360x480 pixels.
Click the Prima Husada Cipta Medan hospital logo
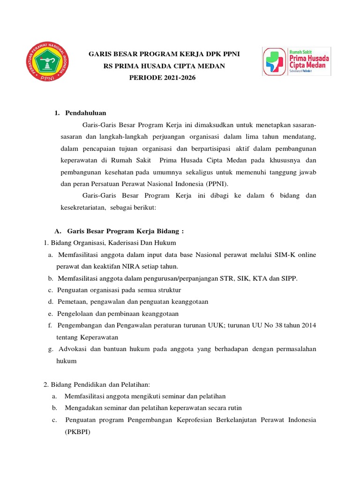point(296,61)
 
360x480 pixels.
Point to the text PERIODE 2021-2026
point(162,77)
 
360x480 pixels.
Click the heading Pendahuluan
point(86,113)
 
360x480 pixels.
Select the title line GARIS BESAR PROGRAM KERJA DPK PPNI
point(164,54)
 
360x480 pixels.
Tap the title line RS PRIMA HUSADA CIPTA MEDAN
point(164,66)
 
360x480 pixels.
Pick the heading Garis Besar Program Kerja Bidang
point(125,231)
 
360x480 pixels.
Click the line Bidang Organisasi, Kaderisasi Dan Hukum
point(110,243)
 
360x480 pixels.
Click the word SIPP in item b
point(289,278)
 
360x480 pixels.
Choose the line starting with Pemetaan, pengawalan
point(133,302)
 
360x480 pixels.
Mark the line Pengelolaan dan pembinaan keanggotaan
point(118,314)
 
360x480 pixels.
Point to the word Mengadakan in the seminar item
point(82,408)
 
